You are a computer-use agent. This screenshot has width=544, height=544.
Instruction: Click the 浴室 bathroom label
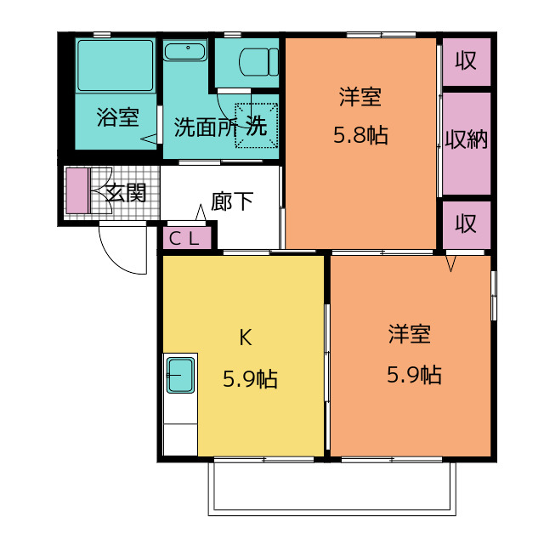coord(118,117)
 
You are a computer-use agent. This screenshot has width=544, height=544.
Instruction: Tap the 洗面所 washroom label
coord(206,127)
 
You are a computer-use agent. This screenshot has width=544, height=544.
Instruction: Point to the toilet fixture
coord(258,62)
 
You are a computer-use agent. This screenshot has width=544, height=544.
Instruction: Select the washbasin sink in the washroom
coord(185,51)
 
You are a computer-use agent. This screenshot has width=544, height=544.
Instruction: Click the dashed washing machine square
coord(257,125)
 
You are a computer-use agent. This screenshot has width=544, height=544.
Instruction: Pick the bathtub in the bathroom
coord(116,65)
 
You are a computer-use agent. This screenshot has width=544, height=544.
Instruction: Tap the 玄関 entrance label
coord(126,193)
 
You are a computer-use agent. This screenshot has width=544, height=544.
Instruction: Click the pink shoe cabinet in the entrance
coord(77,190)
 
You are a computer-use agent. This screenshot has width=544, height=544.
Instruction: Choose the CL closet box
coord(187,238)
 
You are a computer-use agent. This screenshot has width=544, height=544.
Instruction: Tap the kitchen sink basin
coord(180,376)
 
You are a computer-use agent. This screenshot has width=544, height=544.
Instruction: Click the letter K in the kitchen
coord(246,337)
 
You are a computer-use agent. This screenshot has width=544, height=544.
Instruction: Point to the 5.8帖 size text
coord(360,135)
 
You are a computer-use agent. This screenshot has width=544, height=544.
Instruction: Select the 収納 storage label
coord(467,139)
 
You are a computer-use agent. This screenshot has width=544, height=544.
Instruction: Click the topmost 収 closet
coord(467,62)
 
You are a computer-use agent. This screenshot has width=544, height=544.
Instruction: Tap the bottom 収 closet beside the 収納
coord(467,224)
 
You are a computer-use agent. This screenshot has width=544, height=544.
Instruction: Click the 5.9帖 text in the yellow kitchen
coord(250,379)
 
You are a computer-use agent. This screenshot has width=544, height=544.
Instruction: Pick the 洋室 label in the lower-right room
coord(410,334)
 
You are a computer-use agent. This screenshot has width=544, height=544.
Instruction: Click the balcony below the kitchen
coord(332,487)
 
